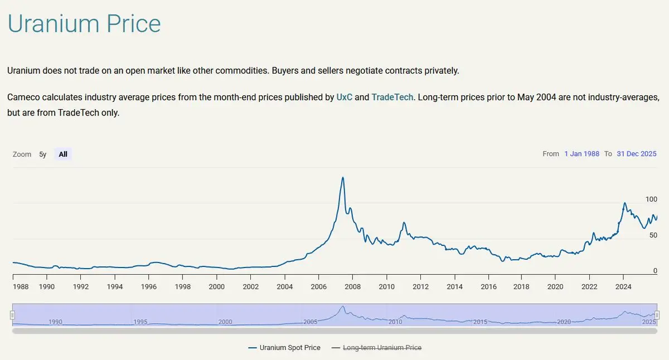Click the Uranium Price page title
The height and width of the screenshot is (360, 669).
pos(84,25)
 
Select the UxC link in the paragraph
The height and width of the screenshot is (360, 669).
pos(344,97)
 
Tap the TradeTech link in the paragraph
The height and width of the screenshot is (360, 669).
pos(392,97)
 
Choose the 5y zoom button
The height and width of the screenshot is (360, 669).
pos(43,154)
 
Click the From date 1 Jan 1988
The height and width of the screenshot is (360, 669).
pos(581,154)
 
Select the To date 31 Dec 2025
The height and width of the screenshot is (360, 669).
pos(636,154)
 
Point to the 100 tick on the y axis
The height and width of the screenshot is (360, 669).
pos(651,200)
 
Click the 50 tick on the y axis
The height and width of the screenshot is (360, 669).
pos(653,235)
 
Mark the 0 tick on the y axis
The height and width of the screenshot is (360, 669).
pos(655,271)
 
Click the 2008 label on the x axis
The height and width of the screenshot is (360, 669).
pos(352,287)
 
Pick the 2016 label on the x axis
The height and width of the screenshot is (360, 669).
pos(488,287)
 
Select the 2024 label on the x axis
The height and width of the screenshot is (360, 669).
pos(623,287)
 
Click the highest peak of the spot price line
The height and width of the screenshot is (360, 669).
pos(342,178)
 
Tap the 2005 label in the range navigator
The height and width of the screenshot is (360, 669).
pos(311,322)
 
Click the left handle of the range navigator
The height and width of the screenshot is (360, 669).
pos(12,315)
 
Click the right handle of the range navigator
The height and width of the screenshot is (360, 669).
pos(657,315)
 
